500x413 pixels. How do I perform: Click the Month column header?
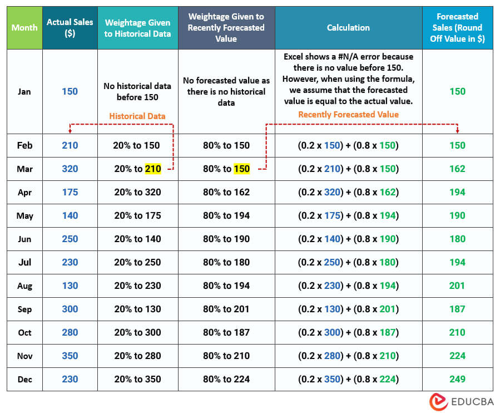pos(24,27)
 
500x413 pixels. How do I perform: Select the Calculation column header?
pos(348,27)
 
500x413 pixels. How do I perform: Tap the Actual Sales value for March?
pos(70,169)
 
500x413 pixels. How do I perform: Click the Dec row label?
pos(24,379)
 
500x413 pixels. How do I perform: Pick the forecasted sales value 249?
pos(457,379)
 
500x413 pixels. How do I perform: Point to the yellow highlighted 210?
pos(153,169)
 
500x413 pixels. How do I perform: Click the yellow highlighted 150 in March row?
pos(241,169)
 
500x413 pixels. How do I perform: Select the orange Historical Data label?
pos(137,116)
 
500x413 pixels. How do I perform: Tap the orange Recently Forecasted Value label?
pos(348,115)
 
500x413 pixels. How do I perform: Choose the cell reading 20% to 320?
pos(137,192)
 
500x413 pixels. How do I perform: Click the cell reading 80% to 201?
pos(226,309)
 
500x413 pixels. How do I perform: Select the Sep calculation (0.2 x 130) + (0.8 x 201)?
pos(348,309)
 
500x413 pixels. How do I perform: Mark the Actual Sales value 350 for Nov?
pos(70,356)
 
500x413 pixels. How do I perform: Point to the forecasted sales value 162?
pos(457,169)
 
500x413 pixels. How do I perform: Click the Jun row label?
pos(24,239)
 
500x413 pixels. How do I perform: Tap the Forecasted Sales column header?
pos(457,27)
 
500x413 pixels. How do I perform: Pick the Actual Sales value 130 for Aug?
pos(70,286)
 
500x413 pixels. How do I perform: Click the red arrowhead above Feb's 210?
pos(70,131)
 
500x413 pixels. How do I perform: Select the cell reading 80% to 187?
pos(226,332)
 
